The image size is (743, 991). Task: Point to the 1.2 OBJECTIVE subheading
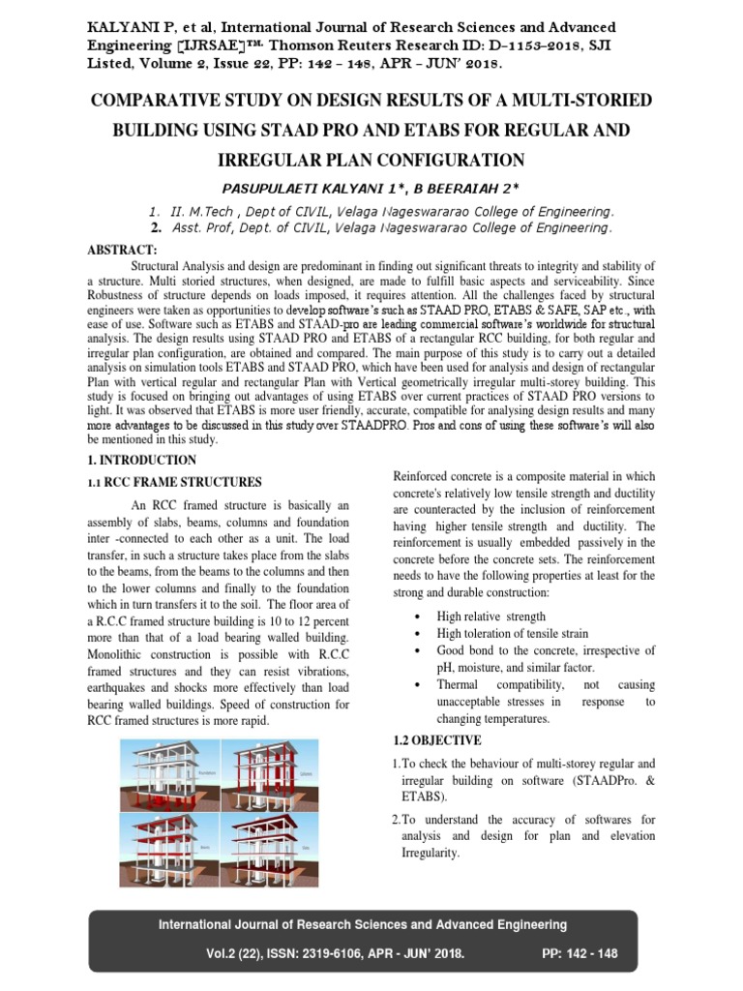click(x=436, y=740)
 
